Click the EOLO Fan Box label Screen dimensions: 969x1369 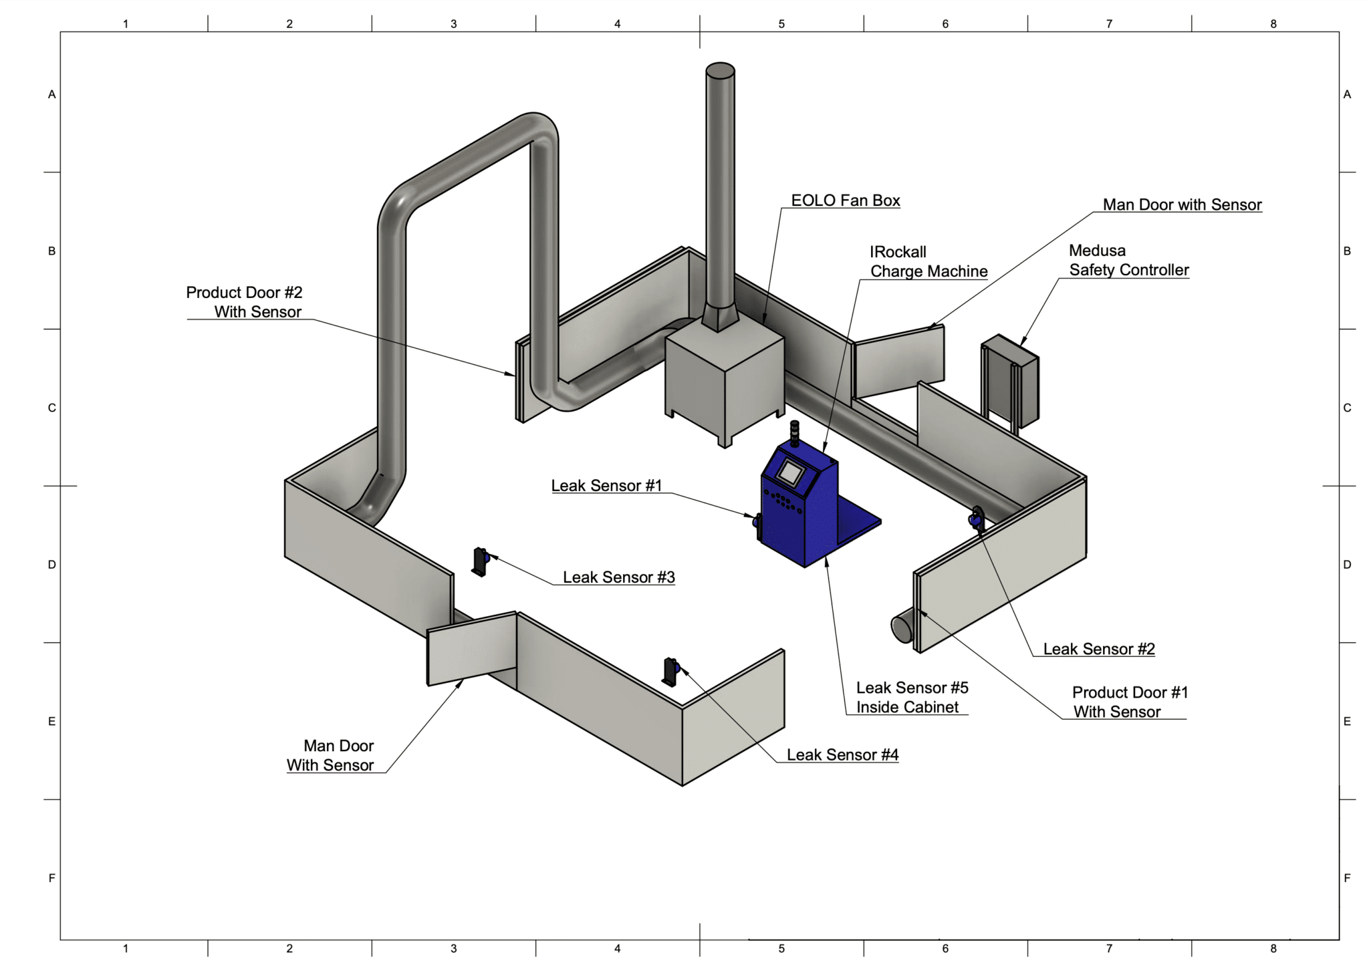(845, 200)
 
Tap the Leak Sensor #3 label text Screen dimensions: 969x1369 (618, 577)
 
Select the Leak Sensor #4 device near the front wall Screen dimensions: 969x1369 (670, 671)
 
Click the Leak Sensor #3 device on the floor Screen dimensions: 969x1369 (480, 561)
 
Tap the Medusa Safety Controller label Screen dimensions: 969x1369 (1128, 261)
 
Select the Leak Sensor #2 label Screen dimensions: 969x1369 (1098, 649)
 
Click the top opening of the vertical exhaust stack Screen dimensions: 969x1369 (720, 70)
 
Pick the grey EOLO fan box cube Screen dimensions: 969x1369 (724, 381)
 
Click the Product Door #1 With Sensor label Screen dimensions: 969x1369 (1129, 702)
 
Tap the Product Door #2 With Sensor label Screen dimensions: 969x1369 (245, 302)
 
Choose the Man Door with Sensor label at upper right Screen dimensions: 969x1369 (1181, 205)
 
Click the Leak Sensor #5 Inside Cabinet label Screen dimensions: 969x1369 (911, 698)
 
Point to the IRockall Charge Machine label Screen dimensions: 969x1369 (928, 262)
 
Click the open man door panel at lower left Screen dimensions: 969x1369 (471, 648)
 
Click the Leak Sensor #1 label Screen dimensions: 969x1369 (606, 486)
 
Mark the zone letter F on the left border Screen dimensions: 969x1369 (51, 878)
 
